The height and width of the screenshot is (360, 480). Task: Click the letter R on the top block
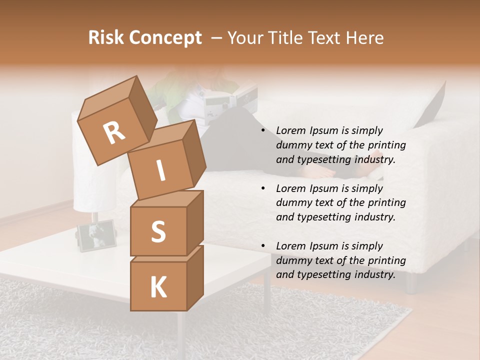pos(114,133)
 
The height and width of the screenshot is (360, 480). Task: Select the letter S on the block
pos(158,231)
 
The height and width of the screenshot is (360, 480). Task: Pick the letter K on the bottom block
pos(158,287)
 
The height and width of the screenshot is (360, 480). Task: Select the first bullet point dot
pos(263,131)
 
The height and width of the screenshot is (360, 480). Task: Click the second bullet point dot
pos(263,188)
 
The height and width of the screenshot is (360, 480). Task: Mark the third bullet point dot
pos(263,246)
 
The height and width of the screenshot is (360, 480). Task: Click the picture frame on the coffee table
pos(96,235)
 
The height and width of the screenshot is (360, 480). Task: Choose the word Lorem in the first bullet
pos(290,130)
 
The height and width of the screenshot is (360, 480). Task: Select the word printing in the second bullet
pos(387,202)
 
